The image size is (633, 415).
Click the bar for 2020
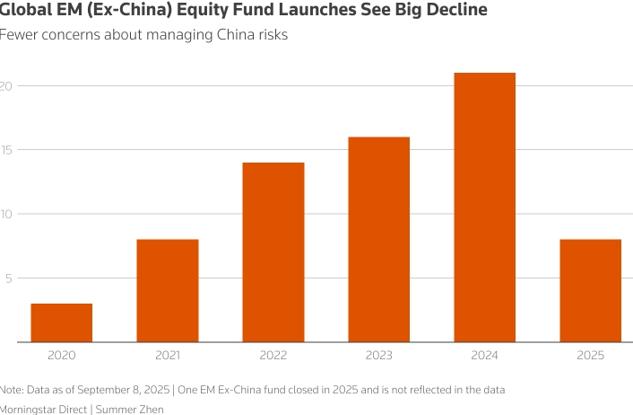click(x=62, y=322)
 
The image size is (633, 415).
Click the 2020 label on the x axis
click(x=62, y=356)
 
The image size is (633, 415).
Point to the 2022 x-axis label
click(x=273, y=356)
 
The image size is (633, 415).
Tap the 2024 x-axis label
click(x=485, y=356)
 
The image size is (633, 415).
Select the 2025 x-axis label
click(x=591, y=356)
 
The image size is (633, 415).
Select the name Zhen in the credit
click(x=151, y=409)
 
